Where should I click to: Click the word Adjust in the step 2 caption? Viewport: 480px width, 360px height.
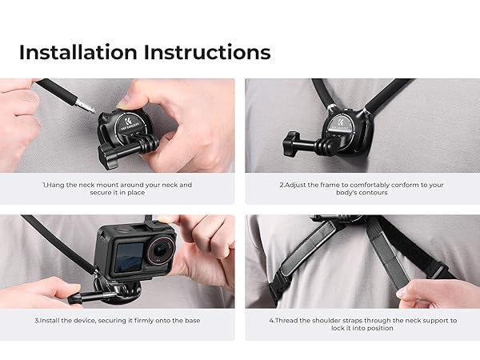pyautogui.click(x=298, y=185)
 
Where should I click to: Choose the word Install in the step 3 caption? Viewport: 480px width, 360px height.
pyautogui.click(x=50, y=320)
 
